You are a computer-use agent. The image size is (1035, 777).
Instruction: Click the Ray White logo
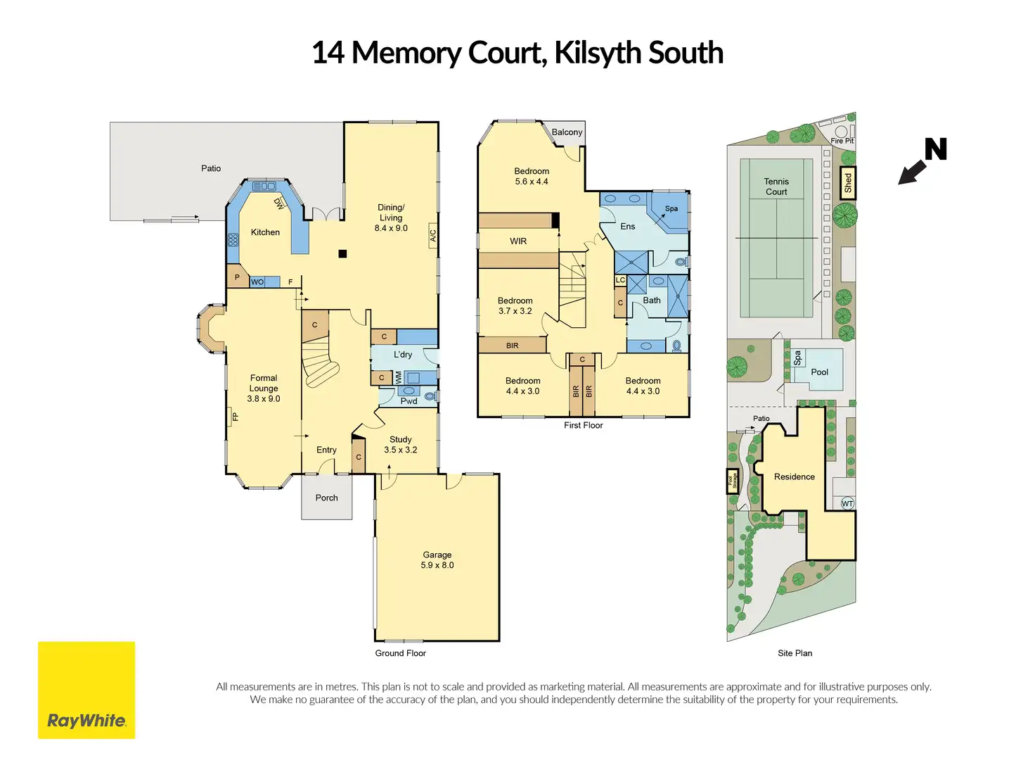tap(86, 690)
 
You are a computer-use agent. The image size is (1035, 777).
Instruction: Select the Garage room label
tap(437, 555)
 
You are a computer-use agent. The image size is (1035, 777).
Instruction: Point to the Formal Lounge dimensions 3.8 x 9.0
tap(264, 399)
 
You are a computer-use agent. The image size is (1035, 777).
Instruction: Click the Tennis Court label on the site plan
tap(776, 187)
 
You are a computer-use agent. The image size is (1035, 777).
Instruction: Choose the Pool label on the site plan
tap(820, 372)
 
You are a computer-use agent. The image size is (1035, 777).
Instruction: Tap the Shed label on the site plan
tap(848, 183)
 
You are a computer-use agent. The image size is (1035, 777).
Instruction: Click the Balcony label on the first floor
tap(567, 132)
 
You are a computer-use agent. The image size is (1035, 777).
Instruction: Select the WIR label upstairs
tap(518, 241)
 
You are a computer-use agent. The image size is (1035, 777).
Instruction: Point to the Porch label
tap(326, 498)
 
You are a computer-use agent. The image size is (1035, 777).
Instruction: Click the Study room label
tap(401, 439)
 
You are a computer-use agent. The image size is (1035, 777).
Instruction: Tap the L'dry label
tap(403, 355)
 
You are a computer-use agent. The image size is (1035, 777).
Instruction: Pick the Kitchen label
tap(265, 232)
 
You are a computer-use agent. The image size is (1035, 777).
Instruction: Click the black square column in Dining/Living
tap(342, 254)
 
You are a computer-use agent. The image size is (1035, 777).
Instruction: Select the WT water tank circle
tap(847, 503)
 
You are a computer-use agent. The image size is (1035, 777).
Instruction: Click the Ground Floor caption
tap(400, 653)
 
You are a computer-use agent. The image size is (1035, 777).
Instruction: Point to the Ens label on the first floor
tap(628, 227)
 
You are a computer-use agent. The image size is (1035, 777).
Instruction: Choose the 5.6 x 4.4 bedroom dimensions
tap(532, 182)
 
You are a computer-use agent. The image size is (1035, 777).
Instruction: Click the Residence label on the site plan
tap(795, 476)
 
